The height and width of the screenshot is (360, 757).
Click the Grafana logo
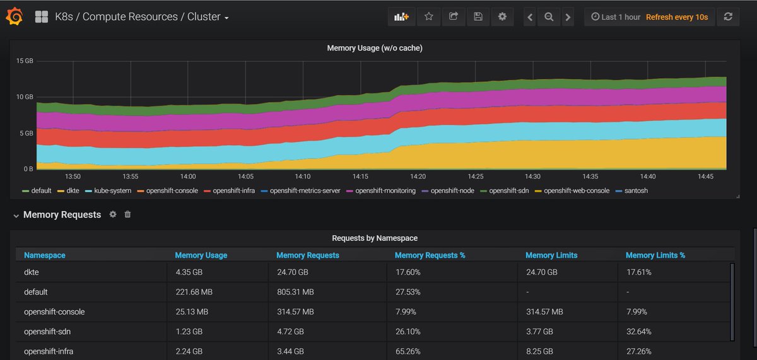(x=15, y=16)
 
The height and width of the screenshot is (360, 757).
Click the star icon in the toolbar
(x=428, y=16)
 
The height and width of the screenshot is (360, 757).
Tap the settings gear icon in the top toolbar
(x=502, y=16)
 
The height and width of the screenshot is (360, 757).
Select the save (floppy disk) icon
(x=478, y=16)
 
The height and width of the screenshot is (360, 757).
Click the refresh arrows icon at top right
(x=728, y=16)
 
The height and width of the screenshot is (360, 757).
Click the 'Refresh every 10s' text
(x=676, y=17)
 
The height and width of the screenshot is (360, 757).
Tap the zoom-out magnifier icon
(x=549, y=17)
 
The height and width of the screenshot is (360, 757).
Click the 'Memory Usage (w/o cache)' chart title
(x=375, y=48)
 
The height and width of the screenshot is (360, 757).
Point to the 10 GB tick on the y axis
(x=25, y=97)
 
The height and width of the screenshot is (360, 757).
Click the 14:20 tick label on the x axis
(x=418, y=177)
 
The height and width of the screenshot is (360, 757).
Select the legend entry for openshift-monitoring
(x=381, y=190)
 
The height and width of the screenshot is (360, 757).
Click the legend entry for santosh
(x=632, y=190)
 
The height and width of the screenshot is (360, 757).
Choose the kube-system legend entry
(x=108, y=190)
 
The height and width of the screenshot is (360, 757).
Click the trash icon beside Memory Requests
(x=127, y=214)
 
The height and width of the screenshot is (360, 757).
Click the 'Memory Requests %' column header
(x=430, y=255)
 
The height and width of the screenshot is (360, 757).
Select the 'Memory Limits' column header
(x=551, y=255)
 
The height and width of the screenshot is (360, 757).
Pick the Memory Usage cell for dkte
(x=189, y=272)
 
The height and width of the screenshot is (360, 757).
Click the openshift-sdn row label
(x=47, y=332)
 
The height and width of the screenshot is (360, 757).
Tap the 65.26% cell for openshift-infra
(x=408, y=352)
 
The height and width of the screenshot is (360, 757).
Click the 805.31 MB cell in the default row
(x=295, y=292)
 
